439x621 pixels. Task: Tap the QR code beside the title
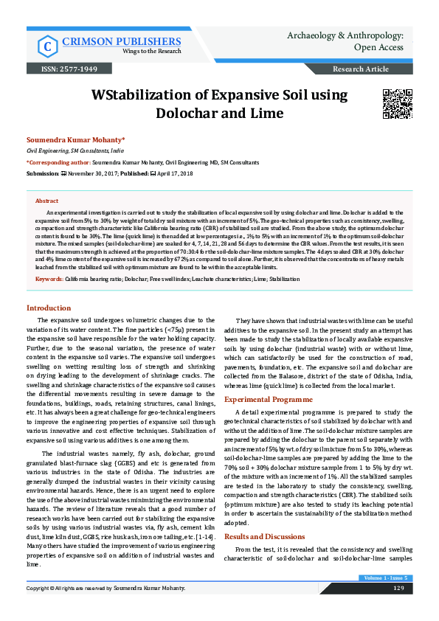pos(396,104)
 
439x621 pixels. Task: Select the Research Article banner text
pos(361,69)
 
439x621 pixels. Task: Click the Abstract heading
pos(46,201)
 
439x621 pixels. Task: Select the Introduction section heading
pos(49,308)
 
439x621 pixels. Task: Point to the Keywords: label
pos(49,280)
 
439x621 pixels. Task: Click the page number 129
pos(398,588)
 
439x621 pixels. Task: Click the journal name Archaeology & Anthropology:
pos(350,35)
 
